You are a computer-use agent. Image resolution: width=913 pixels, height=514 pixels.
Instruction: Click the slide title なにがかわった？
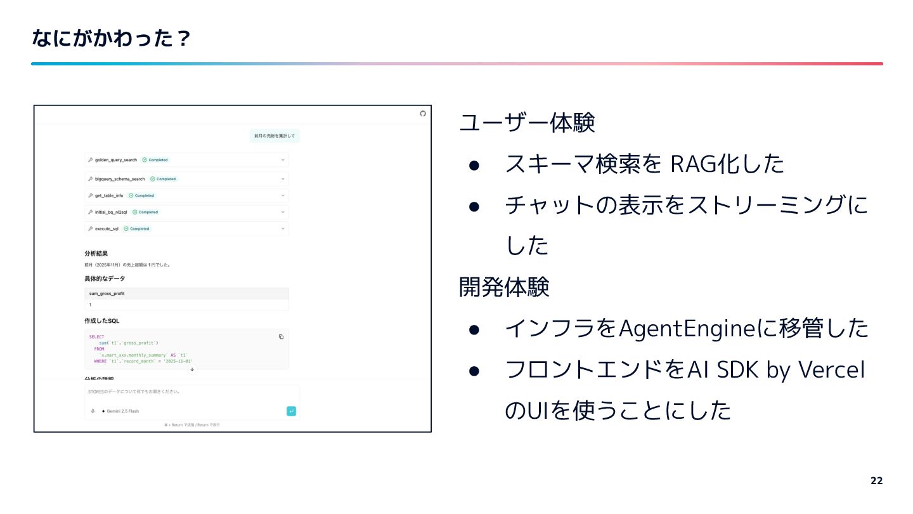coord(111,39)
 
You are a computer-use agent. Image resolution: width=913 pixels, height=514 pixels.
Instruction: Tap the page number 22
coord(876,480)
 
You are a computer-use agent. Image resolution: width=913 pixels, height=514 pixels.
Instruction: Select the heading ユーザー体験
coord(527,122)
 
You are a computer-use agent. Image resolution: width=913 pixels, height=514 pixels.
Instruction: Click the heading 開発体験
coord(504,287)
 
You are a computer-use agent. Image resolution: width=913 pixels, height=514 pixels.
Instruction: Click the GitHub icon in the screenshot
coord(423,114)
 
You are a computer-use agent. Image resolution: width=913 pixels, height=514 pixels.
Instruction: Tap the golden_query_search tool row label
coord(116,160)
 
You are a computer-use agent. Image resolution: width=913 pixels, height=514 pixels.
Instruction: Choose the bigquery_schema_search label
coord(120,179)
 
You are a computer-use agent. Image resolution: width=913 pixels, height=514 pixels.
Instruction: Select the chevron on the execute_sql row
coord(283,228)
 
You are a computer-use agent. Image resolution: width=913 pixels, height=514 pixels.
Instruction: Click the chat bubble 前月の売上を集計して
coord(274,136)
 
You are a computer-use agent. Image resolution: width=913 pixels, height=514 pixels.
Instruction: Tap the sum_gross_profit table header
coord(107,294)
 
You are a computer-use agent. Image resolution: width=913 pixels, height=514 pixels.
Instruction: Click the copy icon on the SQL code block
coord(282,337)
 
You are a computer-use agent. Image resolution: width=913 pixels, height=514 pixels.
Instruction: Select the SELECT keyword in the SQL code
coord(96,337)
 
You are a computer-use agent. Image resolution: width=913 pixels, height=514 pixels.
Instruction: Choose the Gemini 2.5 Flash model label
coord(122,411)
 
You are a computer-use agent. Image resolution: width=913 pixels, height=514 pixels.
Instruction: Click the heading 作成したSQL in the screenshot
coord(101,321)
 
